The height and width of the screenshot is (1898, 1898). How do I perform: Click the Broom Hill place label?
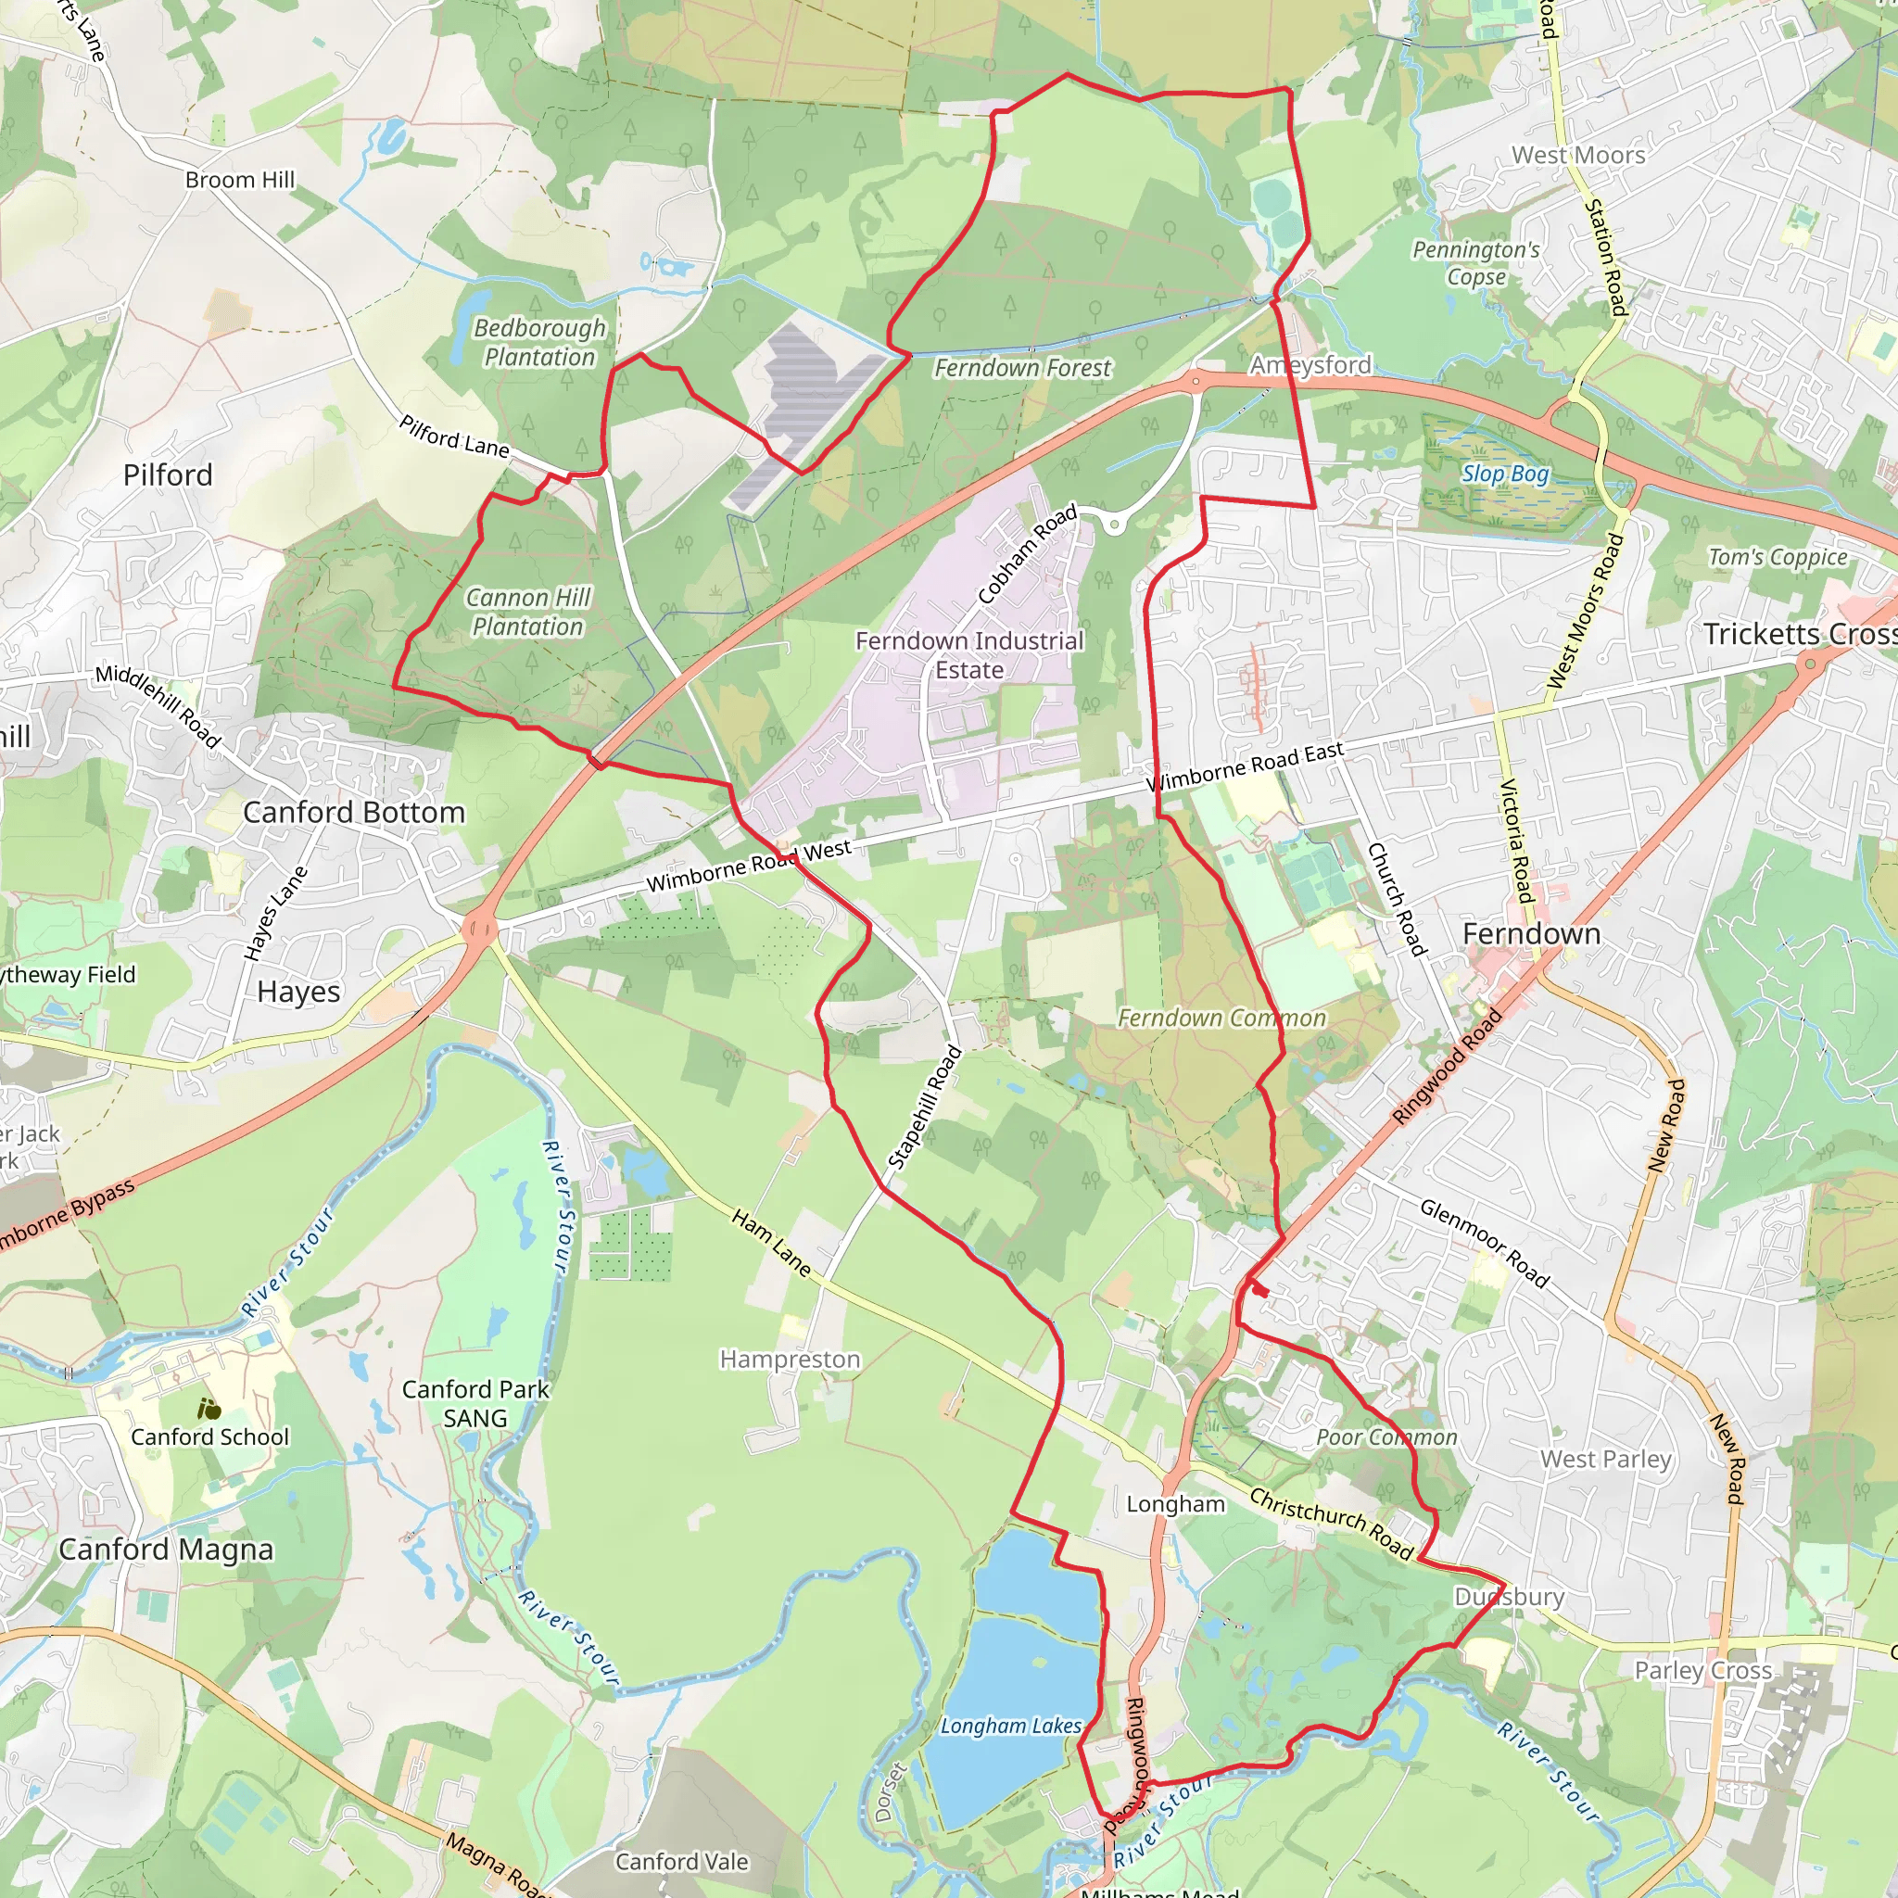240,180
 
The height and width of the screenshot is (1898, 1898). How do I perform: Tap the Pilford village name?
168,475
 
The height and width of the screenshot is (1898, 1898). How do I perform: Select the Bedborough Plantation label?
539,342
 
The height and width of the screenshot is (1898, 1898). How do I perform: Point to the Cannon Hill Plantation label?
528,611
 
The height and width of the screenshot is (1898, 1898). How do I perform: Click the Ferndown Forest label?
1023,367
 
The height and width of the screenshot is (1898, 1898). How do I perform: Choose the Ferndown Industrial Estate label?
968,654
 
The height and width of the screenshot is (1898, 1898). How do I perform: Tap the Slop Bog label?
1505,474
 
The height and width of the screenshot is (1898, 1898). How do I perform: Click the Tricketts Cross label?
1800,634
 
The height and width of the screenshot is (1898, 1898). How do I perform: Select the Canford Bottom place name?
354,813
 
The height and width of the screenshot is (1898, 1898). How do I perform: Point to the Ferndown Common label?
1221,1018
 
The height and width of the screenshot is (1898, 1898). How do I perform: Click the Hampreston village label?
790,1359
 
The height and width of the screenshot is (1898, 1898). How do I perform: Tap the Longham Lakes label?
1011,1725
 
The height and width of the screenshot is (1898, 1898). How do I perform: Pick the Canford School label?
210,1436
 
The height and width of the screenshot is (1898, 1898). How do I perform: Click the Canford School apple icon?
209,1410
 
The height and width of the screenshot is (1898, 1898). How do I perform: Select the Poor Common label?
1386,1437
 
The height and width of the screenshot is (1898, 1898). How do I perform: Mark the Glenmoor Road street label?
1485,1243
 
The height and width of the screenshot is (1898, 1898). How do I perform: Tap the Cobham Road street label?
1028,554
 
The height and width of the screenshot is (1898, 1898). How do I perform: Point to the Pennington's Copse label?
1475,263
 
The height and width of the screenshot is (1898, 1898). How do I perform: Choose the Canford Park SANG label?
475,1403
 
